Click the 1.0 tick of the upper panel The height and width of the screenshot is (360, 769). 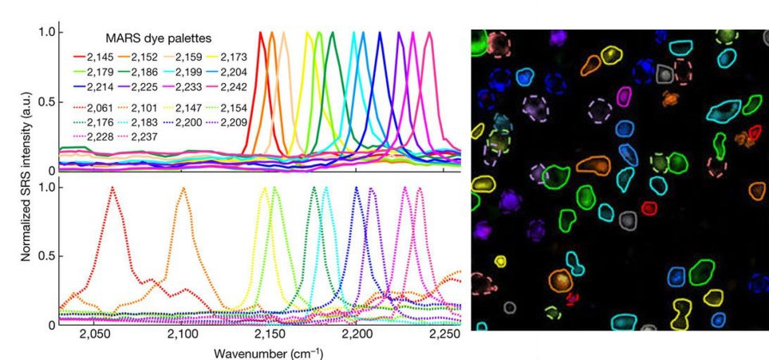coord(46,32)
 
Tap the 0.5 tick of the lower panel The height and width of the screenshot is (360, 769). coord(46,255)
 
